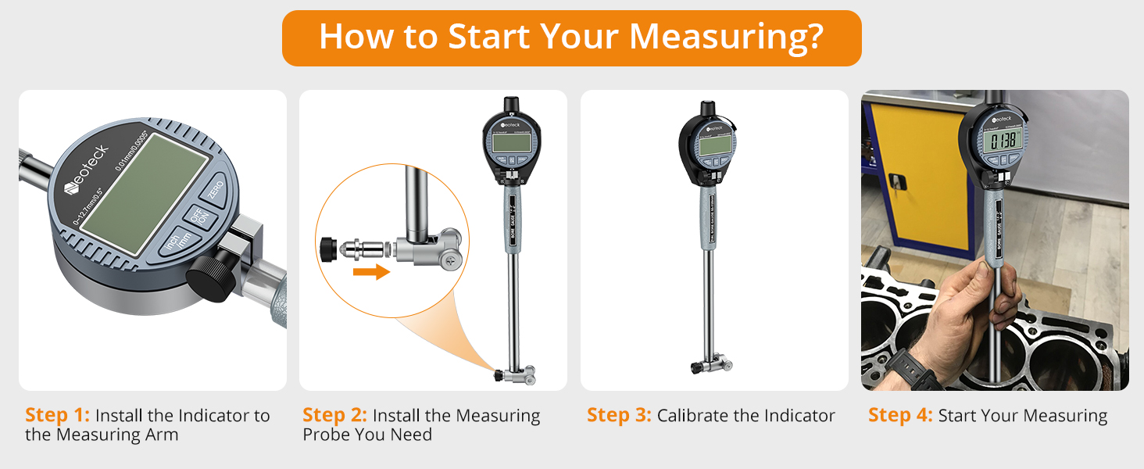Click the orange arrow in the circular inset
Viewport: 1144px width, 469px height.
click(370, 272)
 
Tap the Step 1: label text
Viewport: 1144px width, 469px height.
click(57, 415)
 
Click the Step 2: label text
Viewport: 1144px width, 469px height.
click(334, 415)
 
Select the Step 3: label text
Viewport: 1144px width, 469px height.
click(618, 416)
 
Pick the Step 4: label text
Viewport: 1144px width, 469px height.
click(899, 416)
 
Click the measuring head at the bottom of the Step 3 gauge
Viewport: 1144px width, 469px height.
click(710, 365)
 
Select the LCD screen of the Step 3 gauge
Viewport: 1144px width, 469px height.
click(714, 145)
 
